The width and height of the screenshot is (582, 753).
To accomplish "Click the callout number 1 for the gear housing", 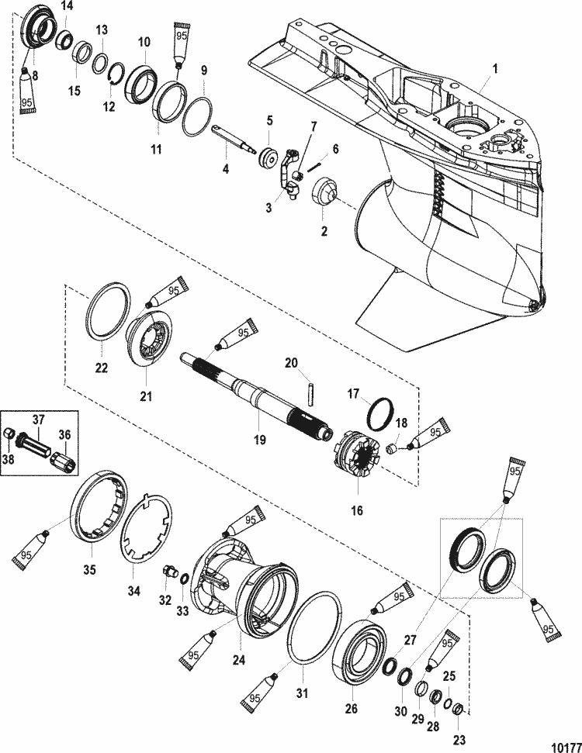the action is (494, 69).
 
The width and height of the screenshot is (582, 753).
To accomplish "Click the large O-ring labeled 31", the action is (314, 627).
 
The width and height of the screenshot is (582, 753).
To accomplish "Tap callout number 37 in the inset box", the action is (38, 420).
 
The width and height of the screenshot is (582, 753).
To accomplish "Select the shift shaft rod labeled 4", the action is (235, 140).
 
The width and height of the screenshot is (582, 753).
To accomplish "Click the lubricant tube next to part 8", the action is (27, 92).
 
